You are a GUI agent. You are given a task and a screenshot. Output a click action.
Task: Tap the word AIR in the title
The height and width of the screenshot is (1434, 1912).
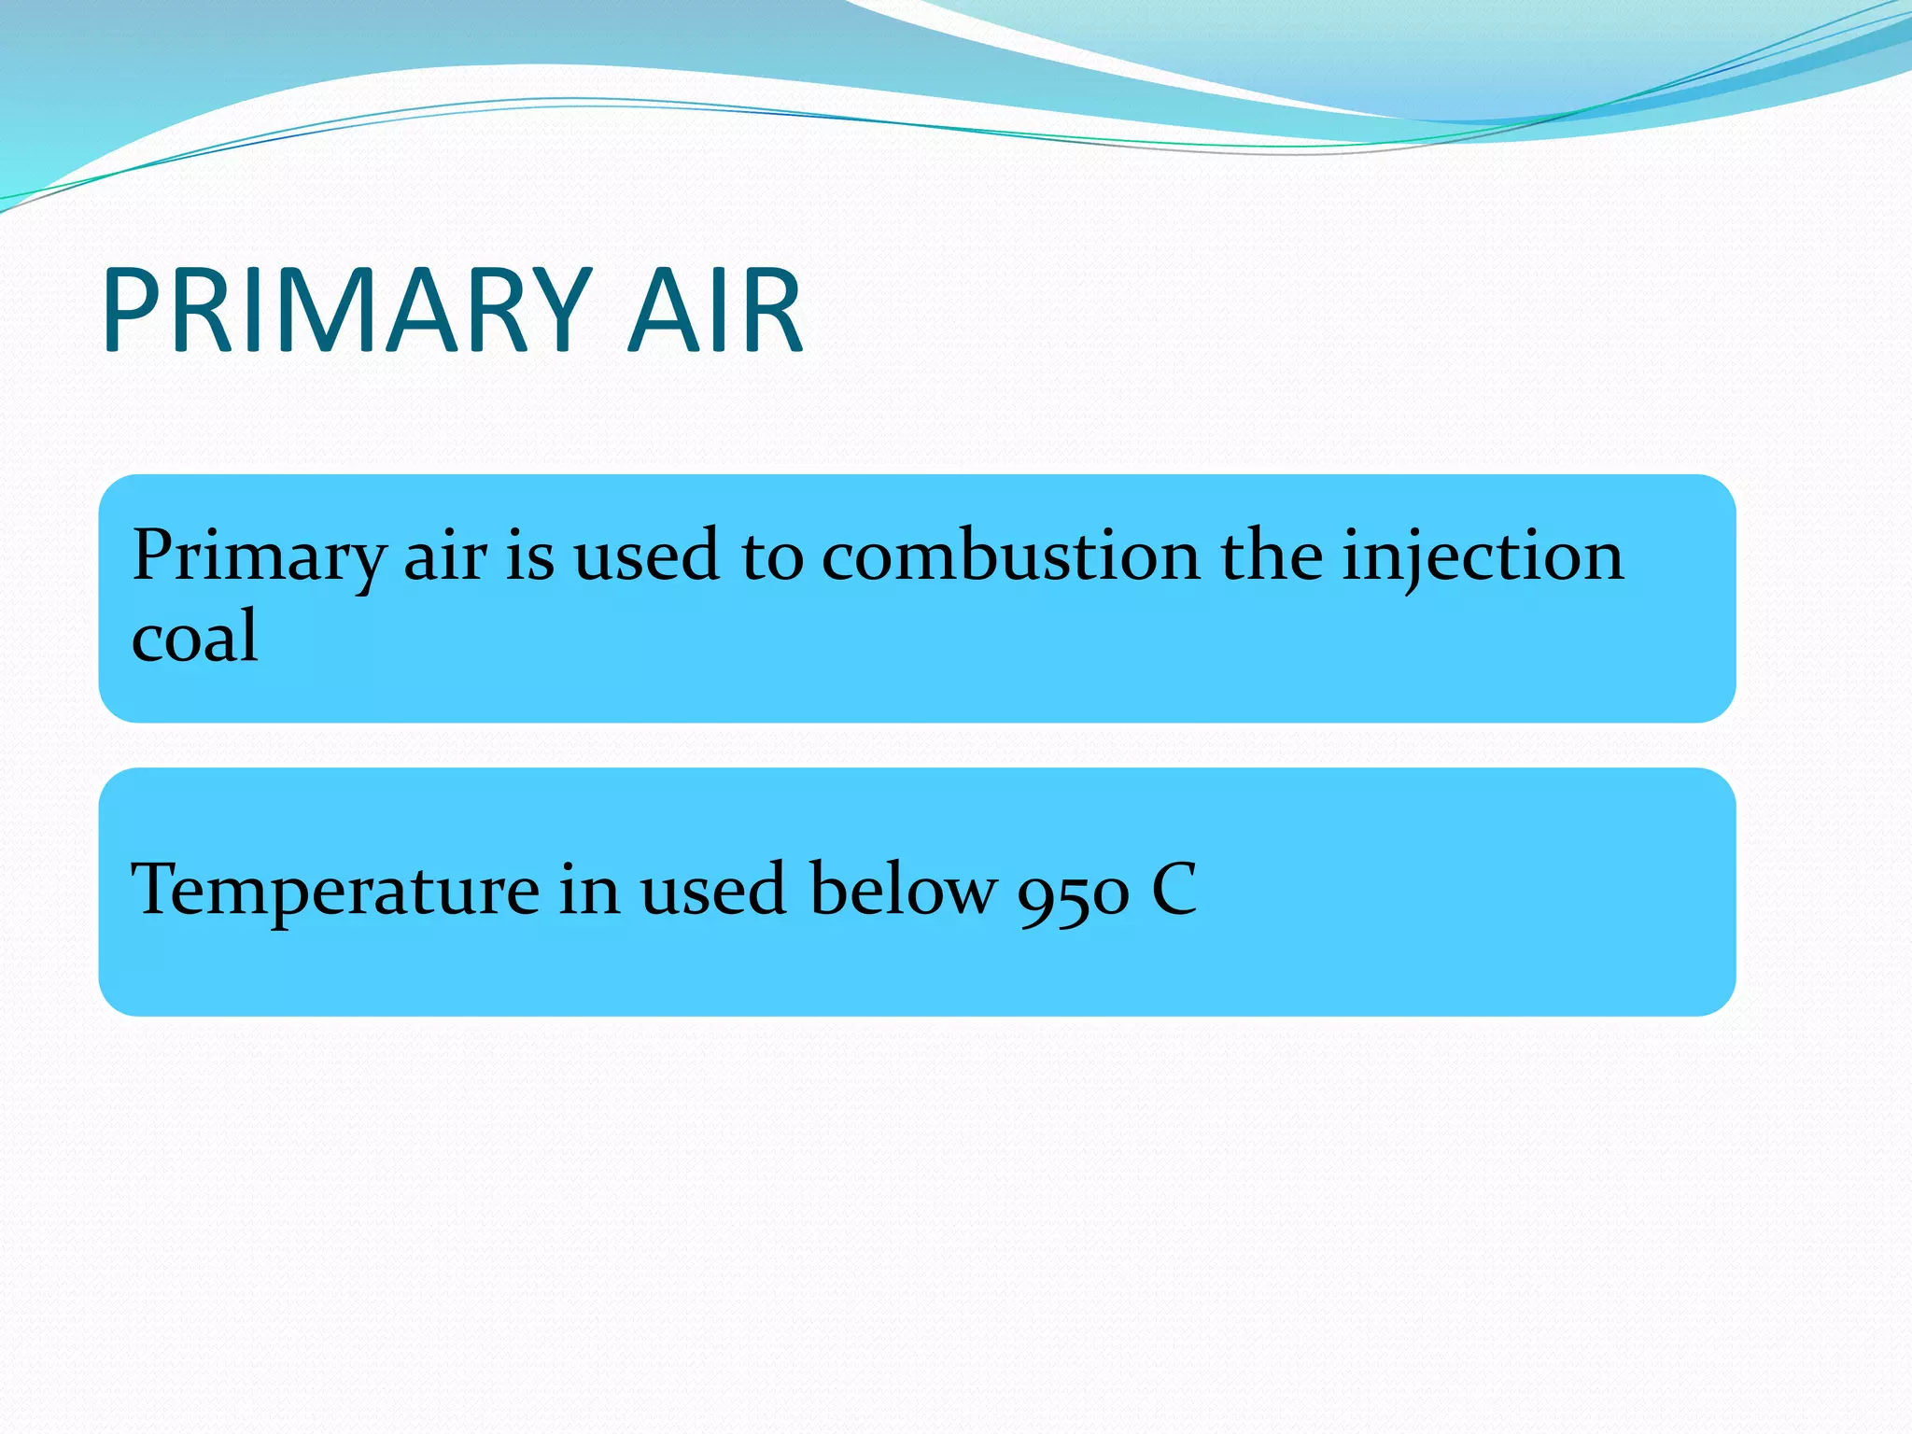[x=715, y=311]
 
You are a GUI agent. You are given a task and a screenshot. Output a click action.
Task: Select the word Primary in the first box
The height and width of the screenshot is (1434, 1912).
[x=258, y=557]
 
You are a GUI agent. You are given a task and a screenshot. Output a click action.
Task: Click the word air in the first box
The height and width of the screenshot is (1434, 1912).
[x=444, y=557]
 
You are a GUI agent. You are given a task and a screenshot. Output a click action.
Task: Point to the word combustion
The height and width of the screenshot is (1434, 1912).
[x=1010, y=557]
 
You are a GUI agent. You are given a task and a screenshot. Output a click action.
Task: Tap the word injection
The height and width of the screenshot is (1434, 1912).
[x=1483, y=557]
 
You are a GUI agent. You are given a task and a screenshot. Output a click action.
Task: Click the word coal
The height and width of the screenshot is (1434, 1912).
[x=194, y=637]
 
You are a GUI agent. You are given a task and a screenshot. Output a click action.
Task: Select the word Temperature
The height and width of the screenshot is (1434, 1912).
[x=335, y=891]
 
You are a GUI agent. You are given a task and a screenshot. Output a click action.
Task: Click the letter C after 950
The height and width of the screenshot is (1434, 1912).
[x=1174, y=889]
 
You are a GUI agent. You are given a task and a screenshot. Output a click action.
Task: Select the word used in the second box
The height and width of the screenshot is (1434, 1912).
[x=712, y=891]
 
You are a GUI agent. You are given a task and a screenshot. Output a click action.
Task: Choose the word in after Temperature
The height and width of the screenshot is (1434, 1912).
[x=589, y=891]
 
